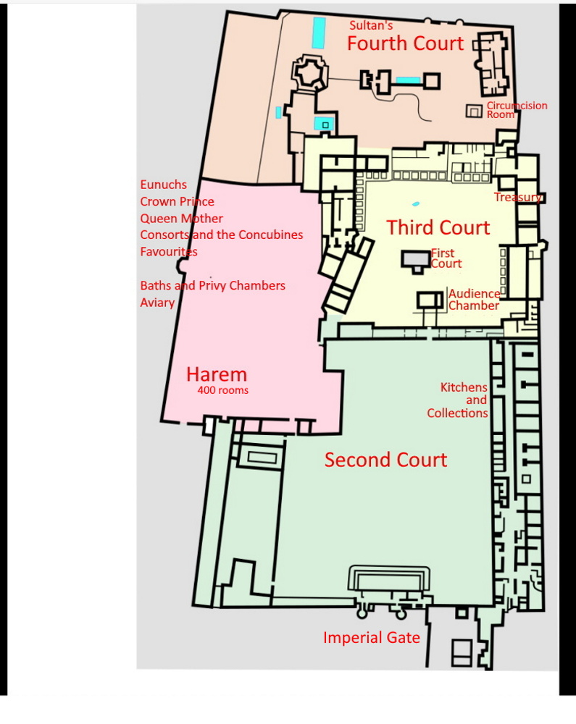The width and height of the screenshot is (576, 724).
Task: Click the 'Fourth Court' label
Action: (405, 43)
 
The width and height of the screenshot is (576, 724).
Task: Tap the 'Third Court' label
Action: (438, 227)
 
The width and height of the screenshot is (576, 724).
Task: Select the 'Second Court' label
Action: (385, 460)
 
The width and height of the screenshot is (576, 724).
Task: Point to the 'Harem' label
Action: (217, 374)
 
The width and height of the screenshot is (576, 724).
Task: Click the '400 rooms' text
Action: (223, 390)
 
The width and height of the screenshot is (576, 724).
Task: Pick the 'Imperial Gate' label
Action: (372, 638)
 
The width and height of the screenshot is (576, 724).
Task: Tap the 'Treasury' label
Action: (517, 197)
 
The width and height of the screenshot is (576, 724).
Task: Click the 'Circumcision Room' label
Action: (517, 110)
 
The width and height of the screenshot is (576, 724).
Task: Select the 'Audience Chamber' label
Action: (474, 300)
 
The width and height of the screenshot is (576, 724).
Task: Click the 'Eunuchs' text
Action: (164, 185)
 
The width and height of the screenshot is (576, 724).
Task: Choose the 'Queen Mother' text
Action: (182, 219)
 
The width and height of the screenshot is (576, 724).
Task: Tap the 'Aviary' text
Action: (157, 303)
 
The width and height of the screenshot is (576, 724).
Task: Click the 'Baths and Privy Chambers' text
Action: (212, 286)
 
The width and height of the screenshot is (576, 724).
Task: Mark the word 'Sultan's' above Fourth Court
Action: (371, 25)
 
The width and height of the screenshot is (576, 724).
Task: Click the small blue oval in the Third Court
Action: (416, 203)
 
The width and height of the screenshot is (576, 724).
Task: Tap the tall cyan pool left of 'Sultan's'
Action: (319, 33)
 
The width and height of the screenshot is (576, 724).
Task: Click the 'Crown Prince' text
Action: (177, 202)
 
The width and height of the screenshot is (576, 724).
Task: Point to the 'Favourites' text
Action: (169, 252)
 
